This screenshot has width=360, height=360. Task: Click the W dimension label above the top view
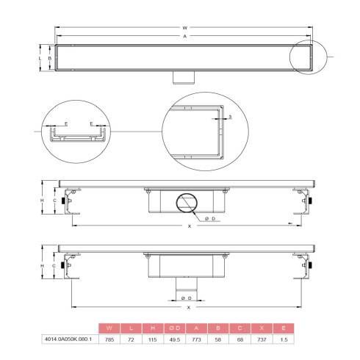[x=184, y=27]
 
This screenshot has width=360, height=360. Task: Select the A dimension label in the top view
[x=184, y=36]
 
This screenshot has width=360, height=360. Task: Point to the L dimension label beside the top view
[x=40, y=57]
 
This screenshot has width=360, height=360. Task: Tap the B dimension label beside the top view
[x=50, y=57]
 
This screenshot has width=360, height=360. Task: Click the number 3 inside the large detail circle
[x=231, y=117]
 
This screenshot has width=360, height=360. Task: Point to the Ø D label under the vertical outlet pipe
[x=187, y=299]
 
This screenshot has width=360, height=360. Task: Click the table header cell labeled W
[x=109, y=327]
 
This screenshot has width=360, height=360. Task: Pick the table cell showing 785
[x=109, y=339]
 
